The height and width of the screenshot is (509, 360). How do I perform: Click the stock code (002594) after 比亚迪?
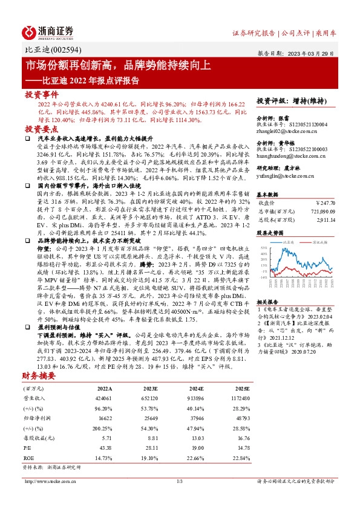click(67, 51)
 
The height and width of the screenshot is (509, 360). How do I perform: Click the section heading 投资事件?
click(41, 95)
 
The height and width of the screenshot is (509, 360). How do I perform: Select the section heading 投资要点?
click(41, 129)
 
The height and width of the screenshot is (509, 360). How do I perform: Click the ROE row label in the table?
click(29, 458)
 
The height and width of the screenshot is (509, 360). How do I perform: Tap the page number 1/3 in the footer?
click(180, 482)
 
